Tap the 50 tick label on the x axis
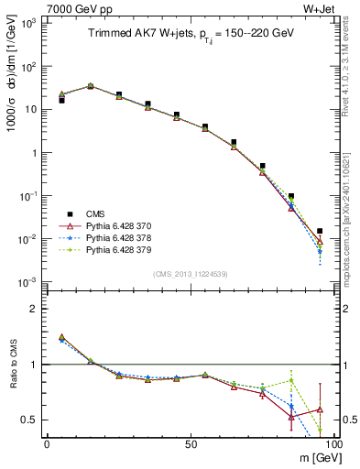click(190, 443)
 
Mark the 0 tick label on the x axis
click(47, 443)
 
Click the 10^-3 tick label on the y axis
click(27, 282)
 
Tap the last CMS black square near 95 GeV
click(319, 232)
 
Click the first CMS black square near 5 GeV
click(61, 100)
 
